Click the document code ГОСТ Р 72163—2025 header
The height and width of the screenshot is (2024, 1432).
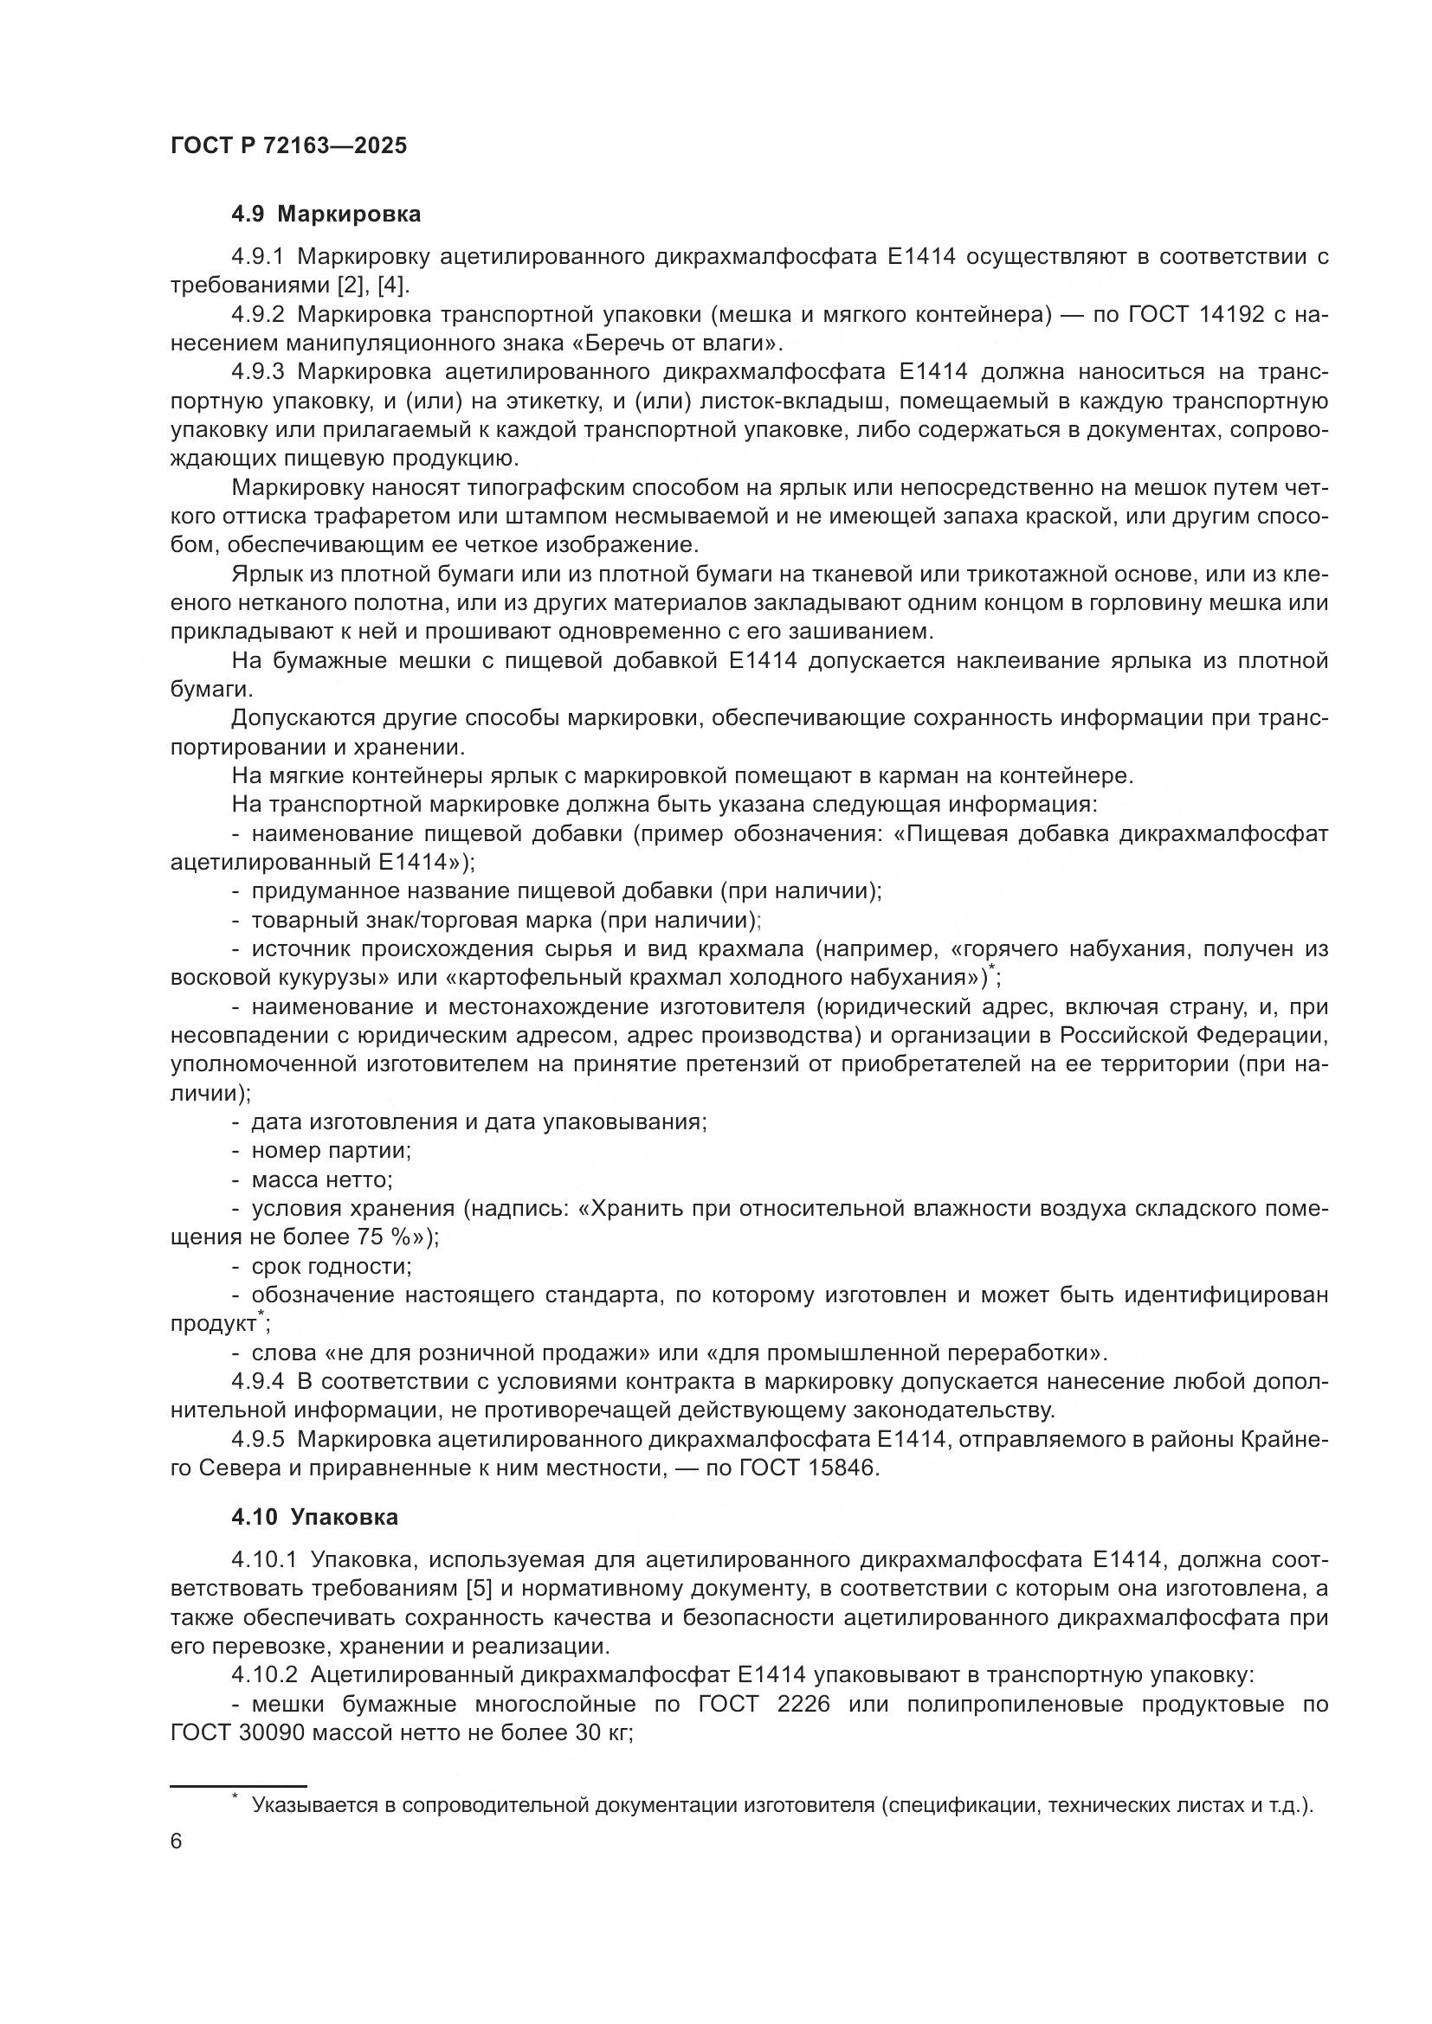point(288,146)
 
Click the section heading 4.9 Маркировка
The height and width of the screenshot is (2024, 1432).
point(326,215)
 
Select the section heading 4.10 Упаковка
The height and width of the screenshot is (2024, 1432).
point(315,1517)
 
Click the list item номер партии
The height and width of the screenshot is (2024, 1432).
point(332,1150)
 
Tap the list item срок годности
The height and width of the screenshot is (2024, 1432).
point(332,1266)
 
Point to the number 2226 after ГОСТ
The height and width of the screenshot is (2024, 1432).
point(804,1704)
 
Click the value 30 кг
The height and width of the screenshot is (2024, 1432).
point(602,1733)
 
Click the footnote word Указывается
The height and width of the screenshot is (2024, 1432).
point(315,1804)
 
